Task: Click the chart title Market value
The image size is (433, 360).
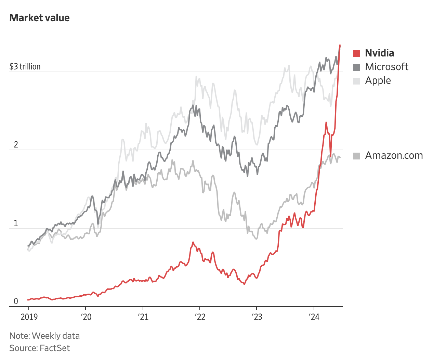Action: tap(39, 18)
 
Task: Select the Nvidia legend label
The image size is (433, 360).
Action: tap(379, 53)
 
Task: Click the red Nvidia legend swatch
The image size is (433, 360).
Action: tap(357, 53)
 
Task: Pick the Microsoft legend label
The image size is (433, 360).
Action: tap(386, 67)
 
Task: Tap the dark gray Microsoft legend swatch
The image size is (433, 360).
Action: tap(357, 67)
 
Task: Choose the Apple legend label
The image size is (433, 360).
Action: tap(378, 80)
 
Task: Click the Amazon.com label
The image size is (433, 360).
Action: tap(394, 155)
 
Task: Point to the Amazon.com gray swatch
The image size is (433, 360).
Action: tap(357, 156)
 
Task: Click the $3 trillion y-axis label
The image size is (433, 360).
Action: tap(25, 66)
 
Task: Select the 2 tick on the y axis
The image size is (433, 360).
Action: tap(16, 145)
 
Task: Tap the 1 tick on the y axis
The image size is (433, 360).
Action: tap(16, 223)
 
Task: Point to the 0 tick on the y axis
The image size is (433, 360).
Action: tap(16, 301)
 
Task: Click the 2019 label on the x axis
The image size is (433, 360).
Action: tap(29, 317)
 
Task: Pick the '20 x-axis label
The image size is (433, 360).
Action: tap(86, 317)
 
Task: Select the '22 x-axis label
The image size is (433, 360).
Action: tap(200, 317)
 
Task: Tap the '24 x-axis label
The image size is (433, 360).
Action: tap(314, 317)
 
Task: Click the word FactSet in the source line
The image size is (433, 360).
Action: tap(55, 348)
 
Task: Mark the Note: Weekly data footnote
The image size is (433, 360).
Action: tap(44, 336)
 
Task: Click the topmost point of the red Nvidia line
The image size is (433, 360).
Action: tap(340, 45)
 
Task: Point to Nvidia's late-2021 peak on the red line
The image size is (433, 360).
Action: tap(193, 242)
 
